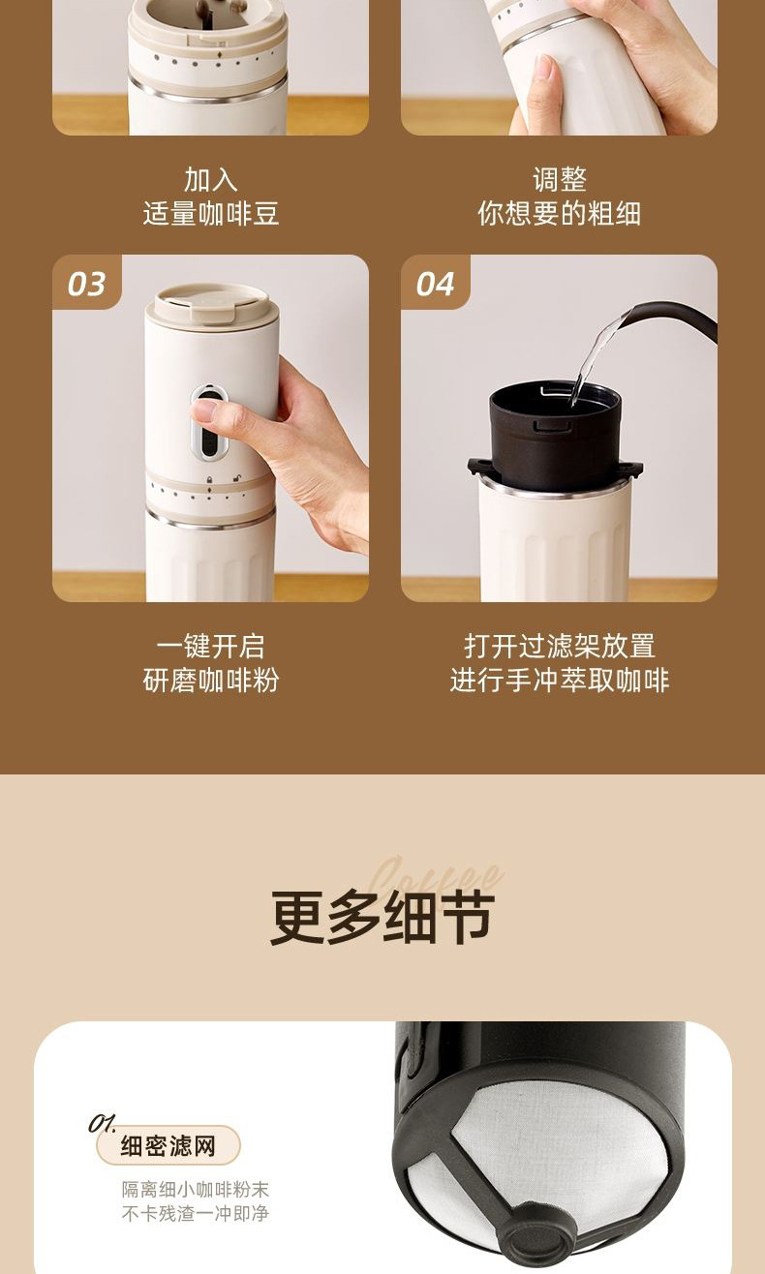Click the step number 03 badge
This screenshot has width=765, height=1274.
pos(86,284)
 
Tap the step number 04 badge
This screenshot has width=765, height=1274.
pos(435,284)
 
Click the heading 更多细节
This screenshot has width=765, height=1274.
pos(382,917)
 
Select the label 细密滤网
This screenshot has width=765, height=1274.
pos(168,1145)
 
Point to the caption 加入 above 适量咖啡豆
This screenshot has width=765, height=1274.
pos(210,180)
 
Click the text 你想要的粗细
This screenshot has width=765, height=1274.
pos(560,213)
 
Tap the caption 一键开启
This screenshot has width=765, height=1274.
pos(210,646)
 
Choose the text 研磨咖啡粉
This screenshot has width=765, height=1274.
pos(210,681)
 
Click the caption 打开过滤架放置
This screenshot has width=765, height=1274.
pos(560,646)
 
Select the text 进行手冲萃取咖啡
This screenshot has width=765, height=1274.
pos(560,681)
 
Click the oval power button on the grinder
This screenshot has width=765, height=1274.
pos(209,422)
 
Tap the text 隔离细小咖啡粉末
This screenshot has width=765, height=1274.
pos(195,1189)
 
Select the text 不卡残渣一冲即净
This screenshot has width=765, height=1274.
pos(195,1213)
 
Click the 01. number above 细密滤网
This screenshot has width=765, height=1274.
pos(103,1122)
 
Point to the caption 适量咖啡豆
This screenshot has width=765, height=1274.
pos(210,213)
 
